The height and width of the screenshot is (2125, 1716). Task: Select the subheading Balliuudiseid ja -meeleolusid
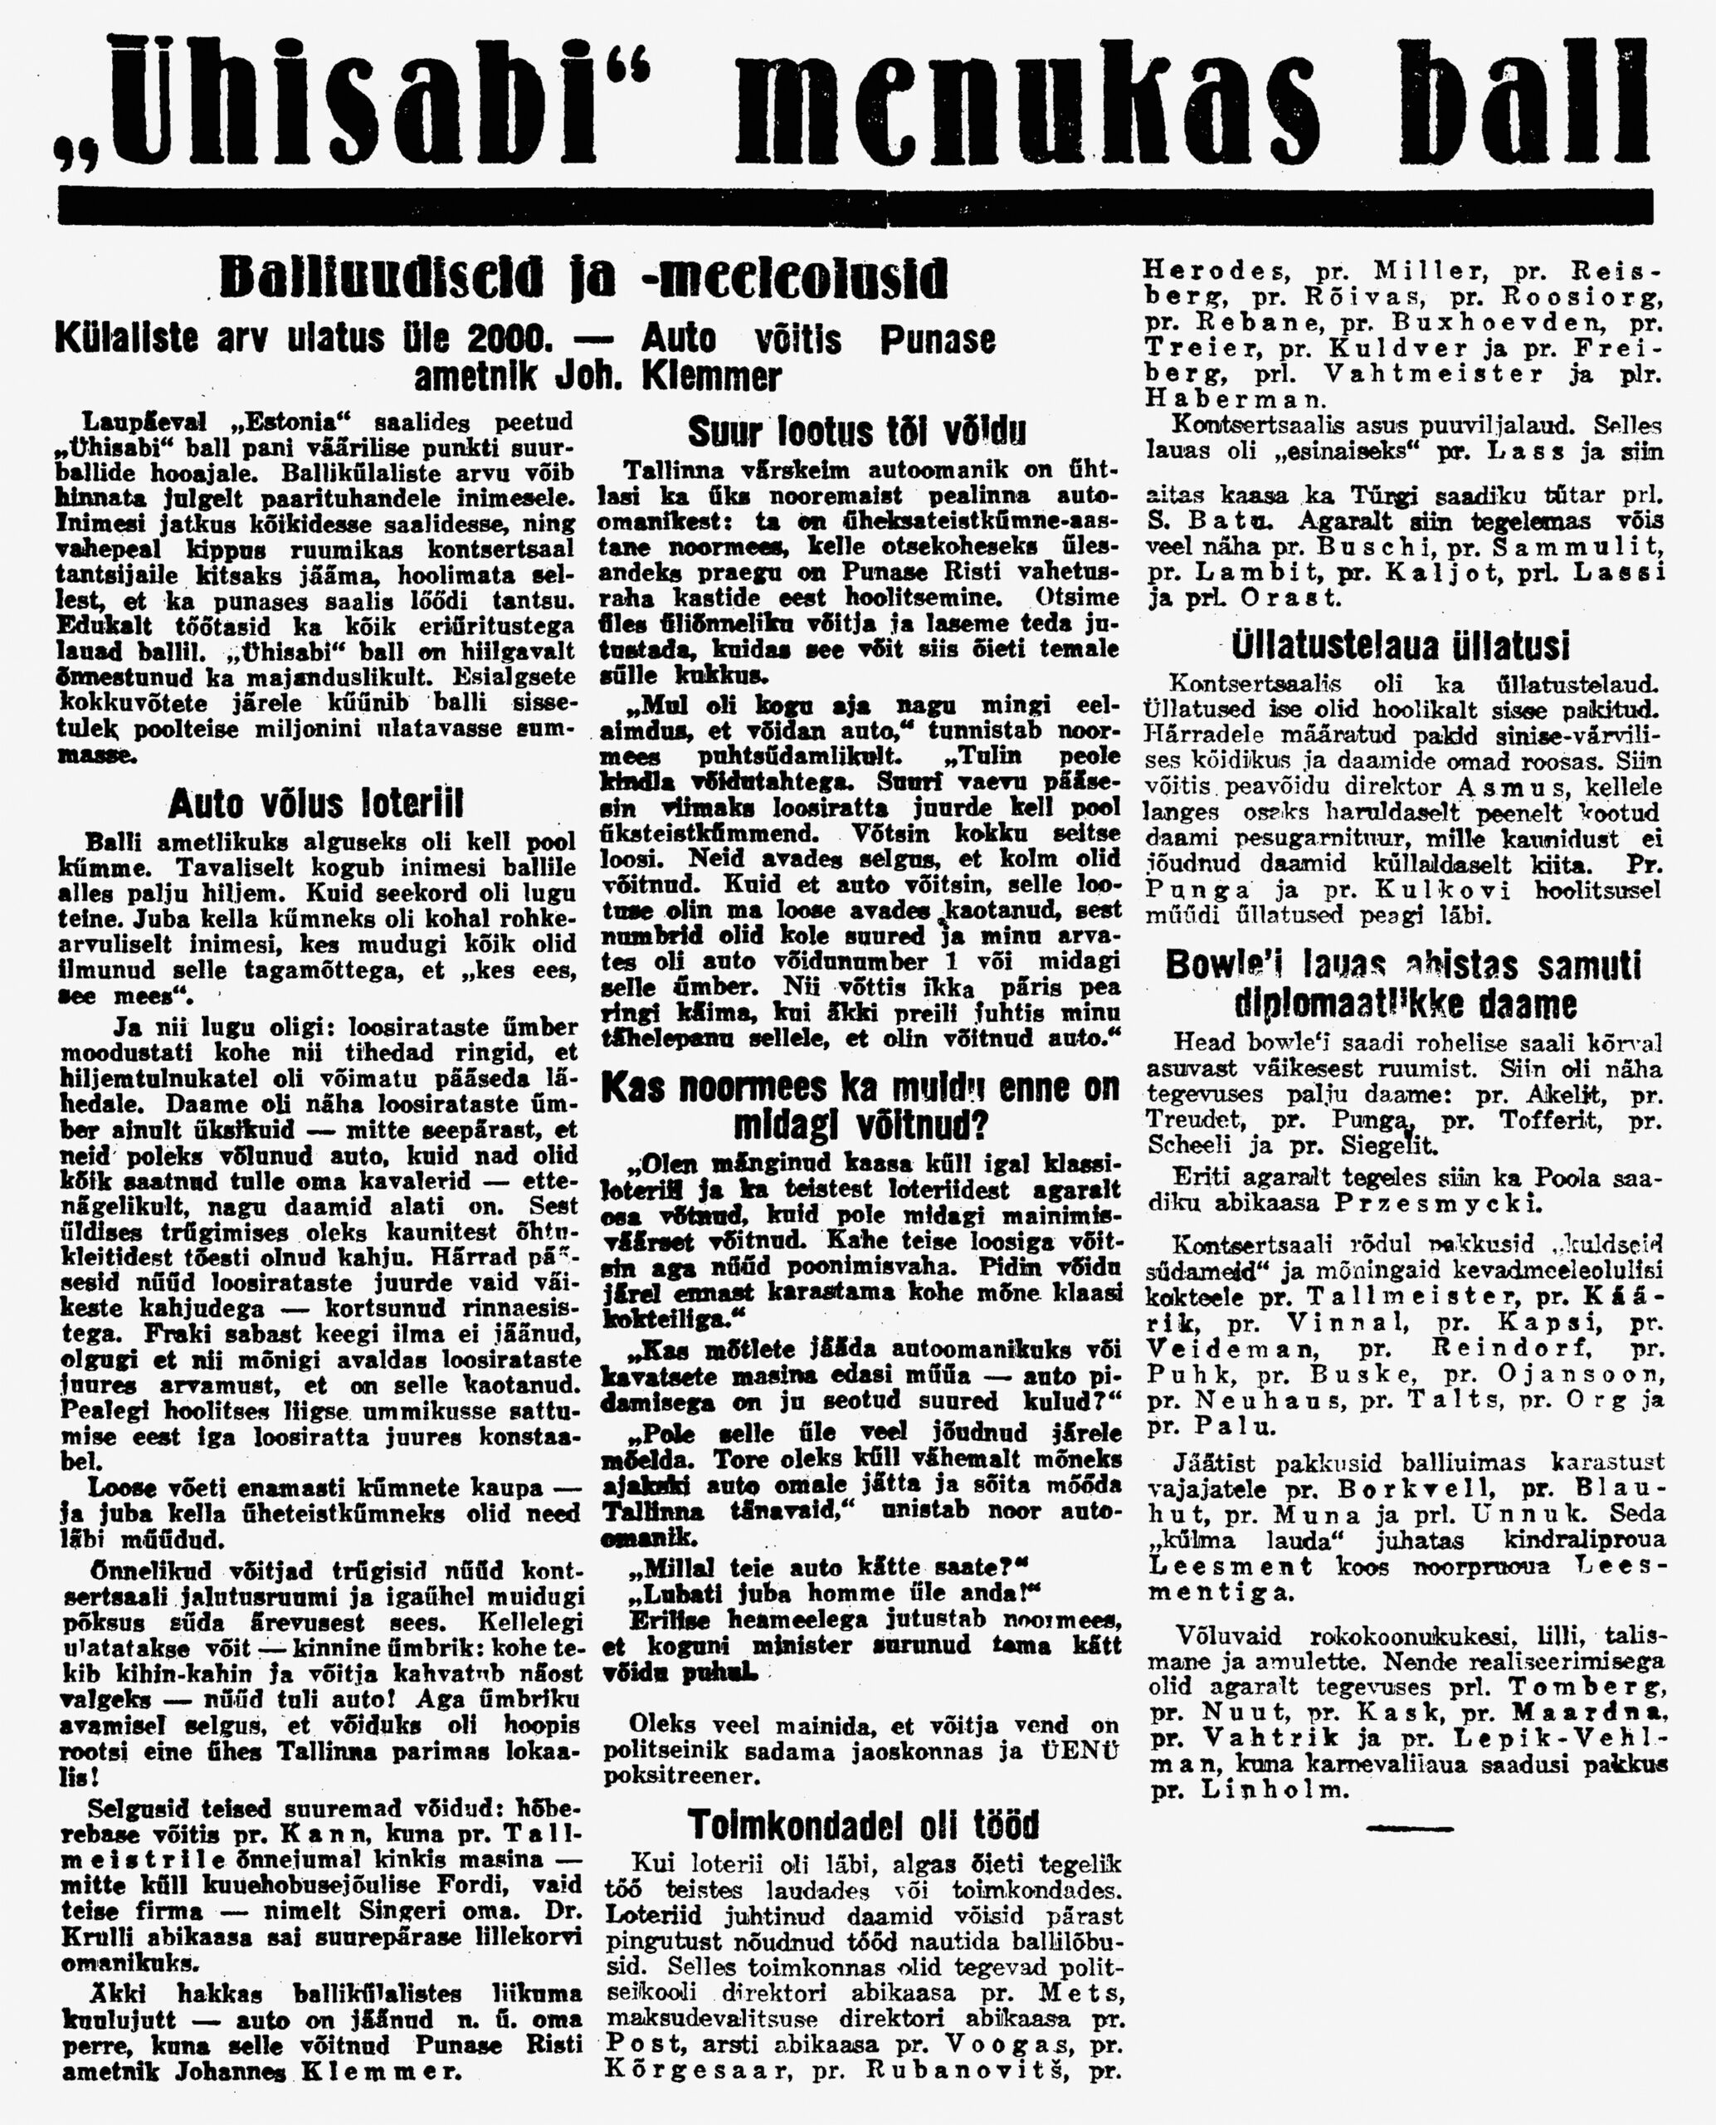[x=583, y=279]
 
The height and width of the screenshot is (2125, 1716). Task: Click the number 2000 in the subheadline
[x=509, y=340]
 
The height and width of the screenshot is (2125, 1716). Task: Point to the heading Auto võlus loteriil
[x=315, y=803]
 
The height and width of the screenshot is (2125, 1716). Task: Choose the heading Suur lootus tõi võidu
[x=857, y=431]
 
